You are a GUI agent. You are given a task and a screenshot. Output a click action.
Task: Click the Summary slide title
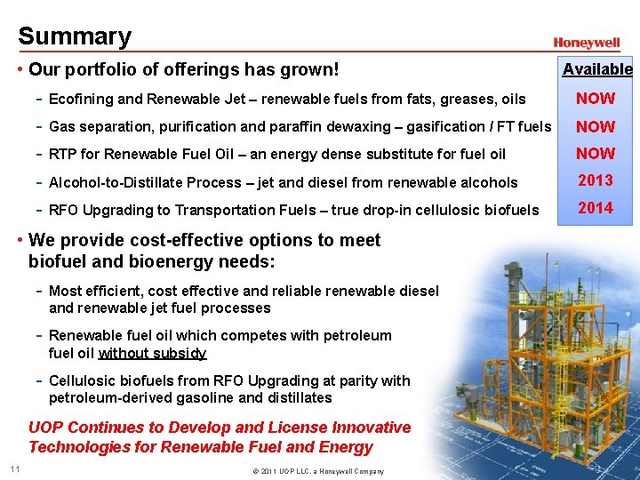tap(75, 36)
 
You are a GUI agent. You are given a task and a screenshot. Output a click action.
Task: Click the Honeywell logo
tap(587, 43)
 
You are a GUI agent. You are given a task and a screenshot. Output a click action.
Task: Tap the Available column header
tap(597, 69)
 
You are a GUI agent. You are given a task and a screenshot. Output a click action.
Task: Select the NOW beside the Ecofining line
tap(596, 99)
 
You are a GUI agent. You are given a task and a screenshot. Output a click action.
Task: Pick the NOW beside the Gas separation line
tap(596, 126)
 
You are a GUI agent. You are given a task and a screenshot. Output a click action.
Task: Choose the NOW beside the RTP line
tap(596, 154)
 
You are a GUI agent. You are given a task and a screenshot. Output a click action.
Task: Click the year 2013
tap(596, 180)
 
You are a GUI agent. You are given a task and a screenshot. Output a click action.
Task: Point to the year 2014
tap(596, 208)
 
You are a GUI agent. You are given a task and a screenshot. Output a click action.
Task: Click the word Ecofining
tap(83, 100)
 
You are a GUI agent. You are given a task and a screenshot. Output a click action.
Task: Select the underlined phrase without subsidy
tap(152, 353)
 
